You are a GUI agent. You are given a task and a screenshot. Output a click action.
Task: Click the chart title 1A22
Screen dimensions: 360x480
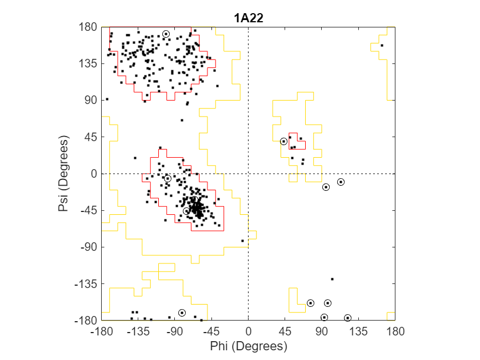248,18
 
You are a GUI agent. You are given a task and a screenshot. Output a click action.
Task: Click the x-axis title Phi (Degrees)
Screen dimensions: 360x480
248,346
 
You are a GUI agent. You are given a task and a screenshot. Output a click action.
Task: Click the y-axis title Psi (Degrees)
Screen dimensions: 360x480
63,174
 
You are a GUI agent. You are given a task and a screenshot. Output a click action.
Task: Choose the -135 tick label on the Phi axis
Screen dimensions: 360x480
138,331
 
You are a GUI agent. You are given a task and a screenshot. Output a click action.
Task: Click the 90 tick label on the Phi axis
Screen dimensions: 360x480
322,331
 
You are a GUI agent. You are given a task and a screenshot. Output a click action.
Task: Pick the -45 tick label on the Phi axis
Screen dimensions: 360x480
211,331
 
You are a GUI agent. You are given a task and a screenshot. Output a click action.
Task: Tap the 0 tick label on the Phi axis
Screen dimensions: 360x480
248,331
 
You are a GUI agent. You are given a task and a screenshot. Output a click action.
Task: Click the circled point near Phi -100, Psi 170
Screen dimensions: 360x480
166,34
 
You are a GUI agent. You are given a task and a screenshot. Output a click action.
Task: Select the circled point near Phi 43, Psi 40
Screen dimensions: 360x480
283,141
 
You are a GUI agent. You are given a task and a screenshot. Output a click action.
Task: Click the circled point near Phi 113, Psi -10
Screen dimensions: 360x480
341,182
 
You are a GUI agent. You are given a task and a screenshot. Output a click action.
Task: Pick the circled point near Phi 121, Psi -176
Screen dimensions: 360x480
347,318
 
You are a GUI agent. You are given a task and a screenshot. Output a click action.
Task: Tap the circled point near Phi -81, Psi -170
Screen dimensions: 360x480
182,313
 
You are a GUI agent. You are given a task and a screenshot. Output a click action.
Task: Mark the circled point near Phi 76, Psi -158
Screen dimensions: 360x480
310,303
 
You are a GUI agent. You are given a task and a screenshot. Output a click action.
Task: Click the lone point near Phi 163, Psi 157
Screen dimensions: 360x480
382,45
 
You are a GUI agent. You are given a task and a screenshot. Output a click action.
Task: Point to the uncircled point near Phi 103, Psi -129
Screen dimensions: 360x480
332,279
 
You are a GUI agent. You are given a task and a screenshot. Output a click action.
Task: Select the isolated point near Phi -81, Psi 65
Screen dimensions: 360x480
182,121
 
